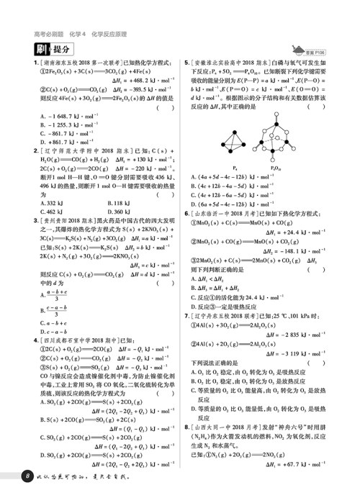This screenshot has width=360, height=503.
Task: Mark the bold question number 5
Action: [x=186, y=63]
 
